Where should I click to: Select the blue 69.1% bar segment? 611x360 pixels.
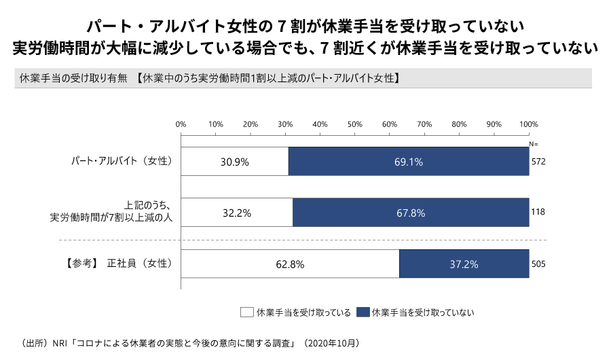409,162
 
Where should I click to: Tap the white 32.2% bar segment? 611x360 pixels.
237,213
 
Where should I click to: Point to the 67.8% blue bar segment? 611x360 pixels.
411,213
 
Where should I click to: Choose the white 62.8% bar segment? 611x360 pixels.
291,264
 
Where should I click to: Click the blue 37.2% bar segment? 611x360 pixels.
464,264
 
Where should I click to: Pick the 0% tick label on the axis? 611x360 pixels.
181,124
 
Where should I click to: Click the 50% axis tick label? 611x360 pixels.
355,124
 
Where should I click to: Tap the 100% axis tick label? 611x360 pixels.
528,124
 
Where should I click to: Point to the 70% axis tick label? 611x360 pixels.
424,124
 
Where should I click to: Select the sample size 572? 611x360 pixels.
538,162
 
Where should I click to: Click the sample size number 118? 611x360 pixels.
538,213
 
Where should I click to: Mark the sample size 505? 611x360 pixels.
538,264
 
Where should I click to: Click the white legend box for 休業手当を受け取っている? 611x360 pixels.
246,312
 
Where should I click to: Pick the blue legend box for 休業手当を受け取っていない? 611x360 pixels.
363,312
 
